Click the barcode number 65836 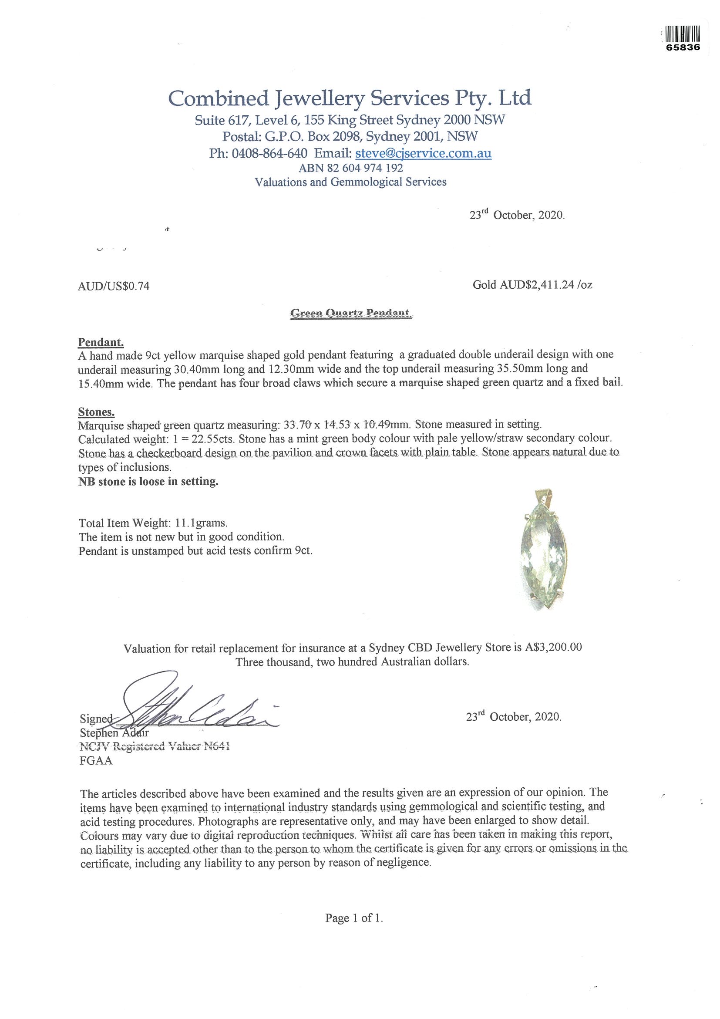click(683, 47)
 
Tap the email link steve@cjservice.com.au click(423, 153)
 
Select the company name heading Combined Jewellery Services click(350, 98)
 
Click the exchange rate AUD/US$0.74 click(114, 286)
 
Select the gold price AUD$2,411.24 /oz click(532, 284)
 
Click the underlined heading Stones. click(96, 412)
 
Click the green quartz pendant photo click(543, 555)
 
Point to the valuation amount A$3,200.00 click(553, 648)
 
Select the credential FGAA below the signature click(96, 761)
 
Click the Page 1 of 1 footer click(354, 918)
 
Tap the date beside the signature click(513, 717)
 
